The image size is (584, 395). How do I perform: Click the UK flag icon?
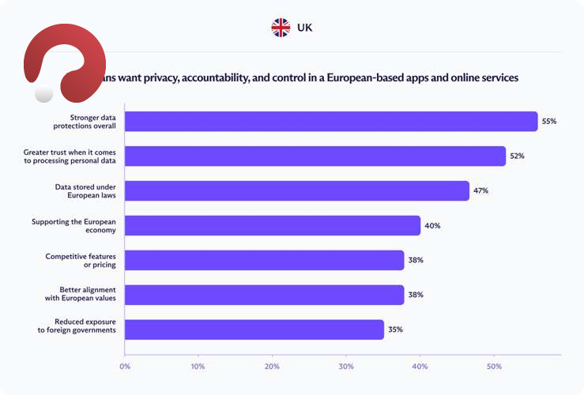click(x=281, y=28)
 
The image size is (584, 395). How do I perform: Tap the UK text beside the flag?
click(x=304, y=28)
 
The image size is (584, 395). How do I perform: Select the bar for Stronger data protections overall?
click(x=331, y=121)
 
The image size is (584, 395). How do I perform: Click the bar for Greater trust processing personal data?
click(x=315, y=156)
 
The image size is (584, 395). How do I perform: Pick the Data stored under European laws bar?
click(x=297, y=190)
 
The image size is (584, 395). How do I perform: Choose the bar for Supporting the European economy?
click(x=273, y=225)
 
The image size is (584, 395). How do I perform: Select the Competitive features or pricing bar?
click(x=265, y=260)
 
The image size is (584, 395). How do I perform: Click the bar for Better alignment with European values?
click(x=265, y=295)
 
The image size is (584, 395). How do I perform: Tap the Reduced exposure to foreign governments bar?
click(x=254, y=329)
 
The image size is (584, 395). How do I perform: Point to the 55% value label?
click(x=549, y=122)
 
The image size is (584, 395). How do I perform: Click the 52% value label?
click(x=517, y=156)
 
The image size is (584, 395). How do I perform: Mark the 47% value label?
click(x=480, y=191)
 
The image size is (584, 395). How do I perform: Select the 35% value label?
click(x=395, y=329)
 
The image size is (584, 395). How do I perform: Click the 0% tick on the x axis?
click(x=125, y=367)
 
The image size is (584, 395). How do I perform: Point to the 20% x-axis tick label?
click(x=272, y=367)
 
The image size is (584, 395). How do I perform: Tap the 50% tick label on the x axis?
click(x=494, y=367)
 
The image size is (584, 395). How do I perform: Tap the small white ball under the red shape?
click(x=44, y=94)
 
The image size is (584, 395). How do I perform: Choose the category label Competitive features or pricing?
click(x=81, y=260)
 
